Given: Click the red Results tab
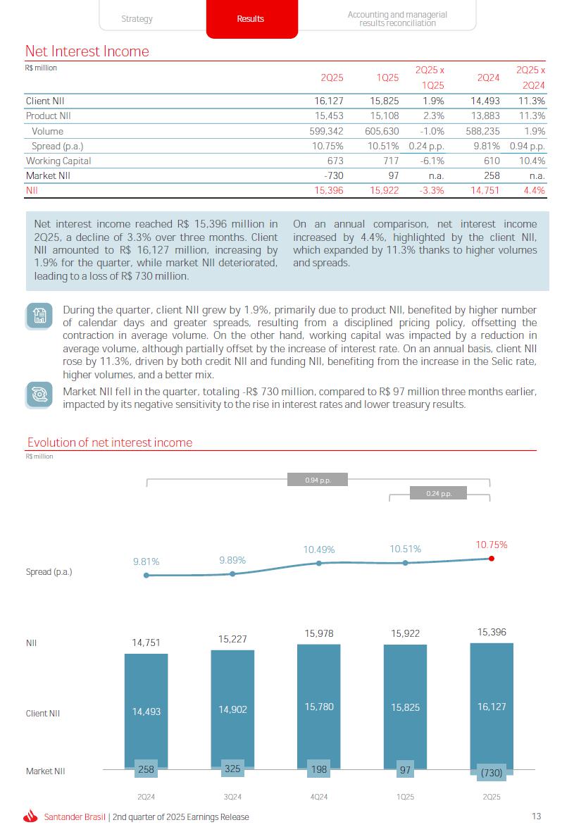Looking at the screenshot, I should pos(251,19).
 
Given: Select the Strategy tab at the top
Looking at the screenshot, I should pos(137,19).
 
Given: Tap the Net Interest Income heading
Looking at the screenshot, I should pos(87,51).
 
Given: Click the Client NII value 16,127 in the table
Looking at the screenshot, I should pos(328,101).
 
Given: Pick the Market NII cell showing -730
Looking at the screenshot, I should pos(331,175).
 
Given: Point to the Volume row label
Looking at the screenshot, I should pos(47,131).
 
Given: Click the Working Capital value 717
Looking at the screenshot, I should pos(389,161).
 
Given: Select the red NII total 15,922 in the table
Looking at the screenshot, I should pos(385,190).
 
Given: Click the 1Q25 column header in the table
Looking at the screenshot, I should pos(388,77).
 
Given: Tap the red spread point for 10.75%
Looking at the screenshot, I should pos(492,559).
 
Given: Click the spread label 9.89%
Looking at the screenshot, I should pos(232,560).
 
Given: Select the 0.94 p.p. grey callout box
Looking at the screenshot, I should pos(318,480).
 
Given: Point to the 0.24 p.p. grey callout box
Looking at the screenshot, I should pos(438,493).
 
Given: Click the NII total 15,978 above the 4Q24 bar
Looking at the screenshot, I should pos(319,634).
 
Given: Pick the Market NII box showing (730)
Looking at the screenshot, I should pos(492,773).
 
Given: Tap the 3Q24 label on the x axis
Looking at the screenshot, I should pos(232,797).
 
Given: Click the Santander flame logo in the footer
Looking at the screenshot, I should pos(30,817).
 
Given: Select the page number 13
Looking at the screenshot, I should pos(537,817).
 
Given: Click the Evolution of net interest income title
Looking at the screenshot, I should pos(109,442).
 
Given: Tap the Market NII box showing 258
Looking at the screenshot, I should pos(146,769).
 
